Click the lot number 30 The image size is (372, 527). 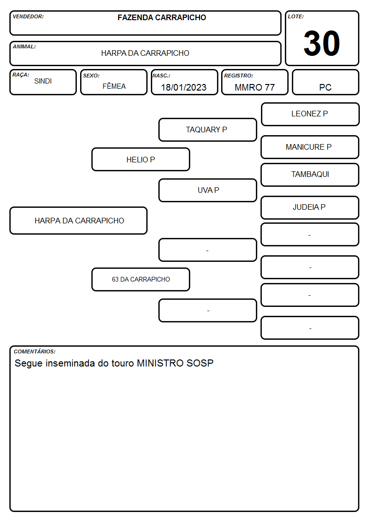click(322, 43)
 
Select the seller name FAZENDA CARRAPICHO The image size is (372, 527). click(162, 17)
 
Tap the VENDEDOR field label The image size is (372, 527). click(28, 16)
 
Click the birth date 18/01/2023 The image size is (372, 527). click(184, 87)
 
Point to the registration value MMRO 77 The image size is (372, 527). click(254, 87)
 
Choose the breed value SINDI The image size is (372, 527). click(43, 81)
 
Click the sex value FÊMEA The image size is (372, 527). click(114, 86)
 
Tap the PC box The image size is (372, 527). click(325, 82)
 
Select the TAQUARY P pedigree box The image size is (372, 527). click(208, 130)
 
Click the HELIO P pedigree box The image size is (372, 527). click(141, 159)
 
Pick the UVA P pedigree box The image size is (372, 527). click(208, 190)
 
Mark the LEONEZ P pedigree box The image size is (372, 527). click(310, 115)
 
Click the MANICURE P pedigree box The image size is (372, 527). click(310, 147)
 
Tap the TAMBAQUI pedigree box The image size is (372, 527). click(310, 175)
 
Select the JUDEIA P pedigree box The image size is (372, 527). click(310, 207)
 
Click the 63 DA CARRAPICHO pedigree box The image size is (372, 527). click(141, 279)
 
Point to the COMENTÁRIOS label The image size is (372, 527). click(35, 351)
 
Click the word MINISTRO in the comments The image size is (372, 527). click(160, 363)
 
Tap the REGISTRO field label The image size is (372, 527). click(238, 76)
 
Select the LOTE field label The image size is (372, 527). click(296, 16)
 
